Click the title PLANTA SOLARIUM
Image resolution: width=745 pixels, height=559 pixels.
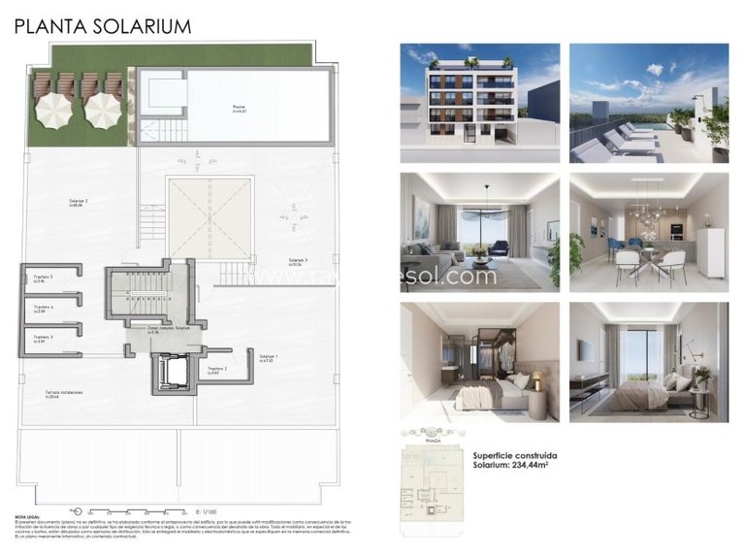tap(102, 26)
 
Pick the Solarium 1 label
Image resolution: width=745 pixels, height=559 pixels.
tap(269, 358)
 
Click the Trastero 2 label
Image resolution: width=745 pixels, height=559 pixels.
tap(218, 370)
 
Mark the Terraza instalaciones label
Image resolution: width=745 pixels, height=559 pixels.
tap(64, 393)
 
